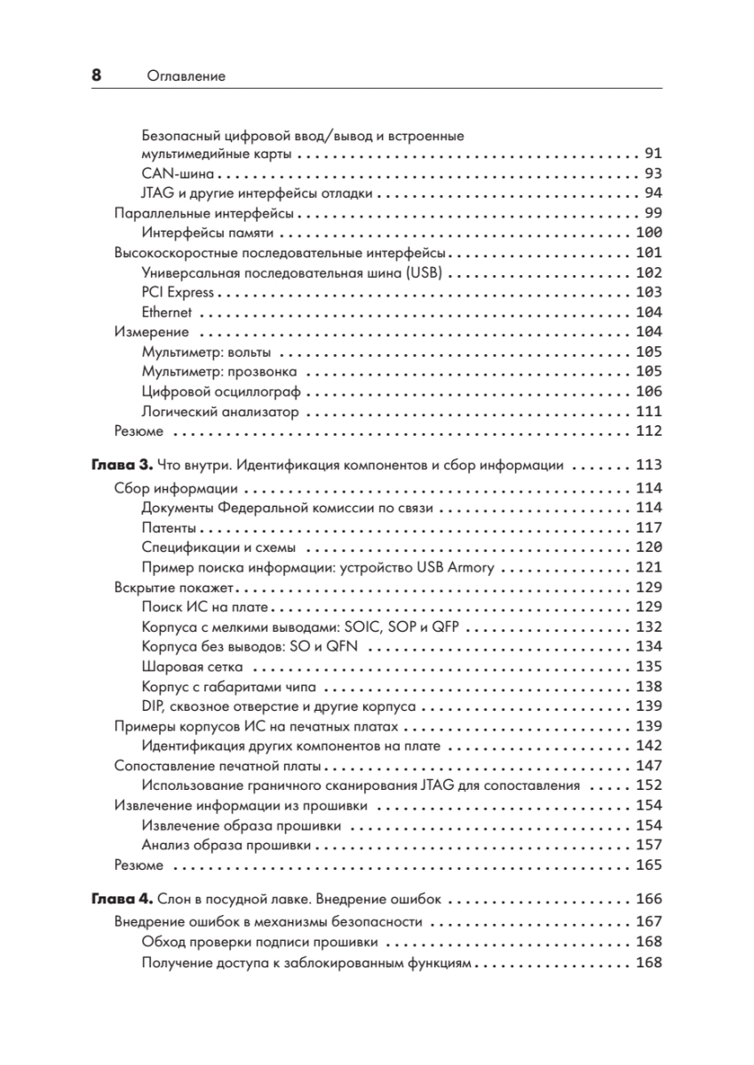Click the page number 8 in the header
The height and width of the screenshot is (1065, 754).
[96, 75]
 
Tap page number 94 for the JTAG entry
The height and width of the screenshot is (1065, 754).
[653, 193]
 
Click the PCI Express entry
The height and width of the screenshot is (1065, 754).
[178, 292]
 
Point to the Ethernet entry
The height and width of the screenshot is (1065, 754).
[166, 312]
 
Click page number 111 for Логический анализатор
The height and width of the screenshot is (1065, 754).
[649, 412]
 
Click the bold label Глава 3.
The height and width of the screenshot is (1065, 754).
[123, 464]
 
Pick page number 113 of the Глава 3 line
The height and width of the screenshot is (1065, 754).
[649, 464]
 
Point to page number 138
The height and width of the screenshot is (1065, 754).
[649, 686]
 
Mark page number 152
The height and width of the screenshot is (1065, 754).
[649, 785]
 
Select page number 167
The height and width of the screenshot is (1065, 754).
[649, 922]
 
